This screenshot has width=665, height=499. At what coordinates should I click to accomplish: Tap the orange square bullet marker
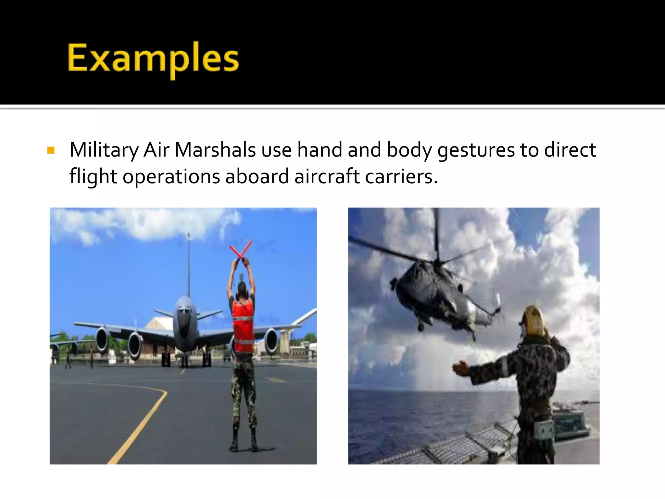tap(51, 150)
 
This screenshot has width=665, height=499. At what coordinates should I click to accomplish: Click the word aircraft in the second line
tap(327, 177)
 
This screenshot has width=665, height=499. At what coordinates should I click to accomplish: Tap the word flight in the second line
tap(93, 177)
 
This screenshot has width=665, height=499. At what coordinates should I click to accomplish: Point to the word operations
tap(171, 177)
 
